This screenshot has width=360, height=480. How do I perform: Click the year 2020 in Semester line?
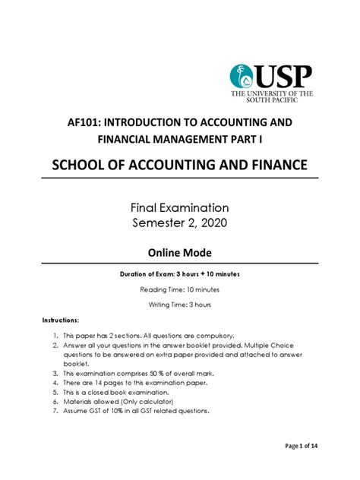pos(215,224)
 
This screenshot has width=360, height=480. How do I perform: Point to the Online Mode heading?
pos(180,253)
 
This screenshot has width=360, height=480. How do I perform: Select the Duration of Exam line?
pos(180,274)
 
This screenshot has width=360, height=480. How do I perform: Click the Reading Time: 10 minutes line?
pos(180,289)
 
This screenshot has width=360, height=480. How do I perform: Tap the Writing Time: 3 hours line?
pos(180,305)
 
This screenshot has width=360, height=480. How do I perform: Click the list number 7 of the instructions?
pos(56,411)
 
